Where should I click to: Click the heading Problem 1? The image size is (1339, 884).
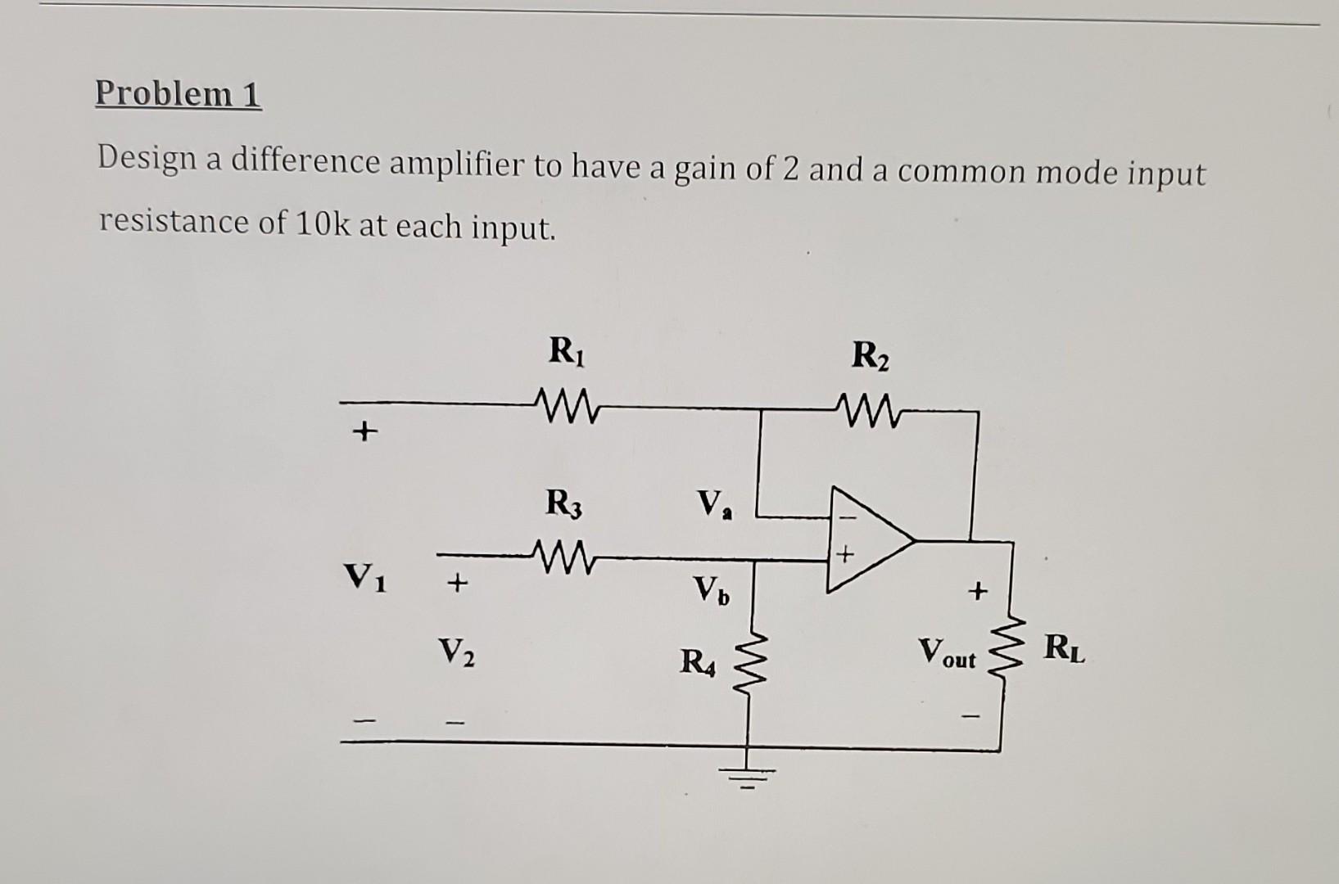pyautogui.click(x=178, y=93)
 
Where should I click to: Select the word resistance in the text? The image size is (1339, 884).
pyautogui.click(x=174, y=222)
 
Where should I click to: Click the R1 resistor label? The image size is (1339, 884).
pyautogui.click(x=568, y=351)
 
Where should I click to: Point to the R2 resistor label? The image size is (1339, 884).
pyautogui.click(x=870, y=356)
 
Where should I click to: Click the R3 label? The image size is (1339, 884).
pyautogui.click(x=564, y=502)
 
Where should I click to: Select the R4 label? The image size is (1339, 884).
pyautogui.click(x=698, y=661)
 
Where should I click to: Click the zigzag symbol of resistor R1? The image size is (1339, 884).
pyautogui.click(x=566, y=403)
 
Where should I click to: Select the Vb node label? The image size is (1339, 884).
pyautogui.click(x=710, y=590)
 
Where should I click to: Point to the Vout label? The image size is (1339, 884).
pyautogui.click(x=947, y=654)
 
